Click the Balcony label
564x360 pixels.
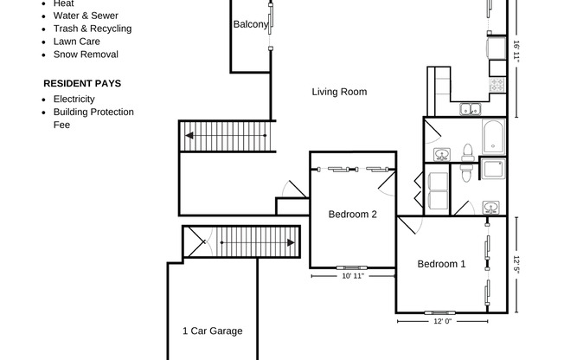point(250,25)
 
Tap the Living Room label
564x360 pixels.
point(339,92)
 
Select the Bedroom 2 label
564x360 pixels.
point(352,215)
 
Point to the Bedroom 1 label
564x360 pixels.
point(441,264)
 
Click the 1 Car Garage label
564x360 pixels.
point(212,331)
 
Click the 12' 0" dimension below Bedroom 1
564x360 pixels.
point(443,321)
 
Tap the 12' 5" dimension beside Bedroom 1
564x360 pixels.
point(516,264)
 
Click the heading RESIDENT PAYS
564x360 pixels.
point(82,84)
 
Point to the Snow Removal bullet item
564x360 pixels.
point(86,55)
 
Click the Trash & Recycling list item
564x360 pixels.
point(92,29)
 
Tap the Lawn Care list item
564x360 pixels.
point(76,42)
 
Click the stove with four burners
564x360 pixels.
point(497,85)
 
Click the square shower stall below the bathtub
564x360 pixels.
point(492,169)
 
